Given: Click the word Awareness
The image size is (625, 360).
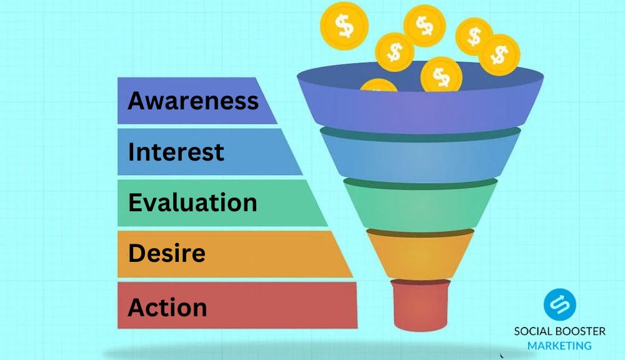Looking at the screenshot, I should pyautogui.click(x=192, y=100).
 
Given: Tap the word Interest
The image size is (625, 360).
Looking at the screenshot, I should pyautogui.click(x=176, y=152).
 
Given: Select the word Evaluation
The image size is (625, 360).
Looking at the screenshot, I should pyautogui.click(x=192, y=202).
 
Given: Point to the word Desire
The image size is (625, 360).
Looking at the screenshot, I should pyautogui.click(x=166, y=254).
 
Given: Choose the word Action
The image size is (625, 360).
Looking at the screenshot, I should pyautogui.click(x=167, y=307).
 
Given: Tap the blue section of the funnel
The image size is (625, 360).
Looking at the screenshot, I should pyautogui.click(x=420, y=156).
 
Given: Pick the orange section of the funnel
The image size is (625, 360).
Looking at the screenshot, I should pyautogui.click(x=420, y=253).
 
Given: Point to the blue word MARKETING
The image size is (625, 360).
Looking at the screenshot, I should pyautogui.click(x=559, y=345).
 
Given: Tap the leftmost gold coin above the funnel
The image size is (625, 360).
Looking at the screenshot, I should pyautogui.click(x=343, y=26).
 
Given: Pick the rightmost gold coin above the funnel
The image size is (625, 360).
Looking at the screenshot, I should pyautogui.click(x=499, y=55).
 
